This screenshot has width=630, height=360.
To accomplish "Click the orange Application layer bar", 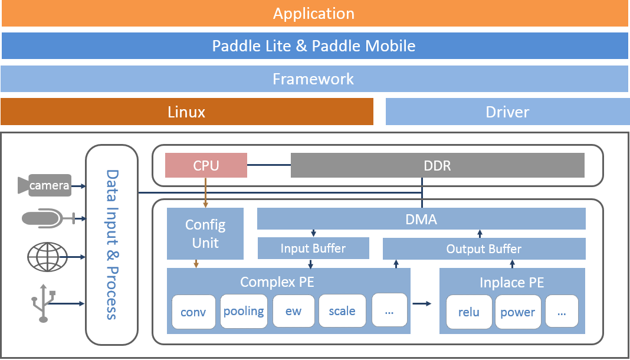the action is (x=314, y=14).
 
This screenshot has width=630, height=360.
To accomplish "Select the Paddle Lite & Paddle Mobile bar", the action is (x=314, y=46).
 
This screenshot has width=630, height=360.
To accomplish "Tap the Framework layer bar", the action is (x=314, y=78).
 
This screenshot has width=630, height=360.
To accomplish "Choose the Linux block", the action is (x=187, y=112).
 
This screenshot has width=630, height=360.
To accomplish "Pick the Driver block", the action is (x=507, y=112).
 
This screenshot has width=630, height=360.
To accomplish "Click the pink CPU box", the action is (x=206, y=165).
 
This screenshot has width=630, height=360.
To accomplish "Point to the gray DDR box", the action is (x=438, y=165).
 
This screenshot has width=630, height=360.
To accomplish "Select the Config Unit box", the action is (x=205, y=234).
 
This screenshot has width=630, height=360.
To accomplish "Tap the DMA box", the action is (x=421, y=218).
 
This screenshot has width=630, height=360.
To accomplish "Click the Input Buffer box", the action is (x=313, y=248).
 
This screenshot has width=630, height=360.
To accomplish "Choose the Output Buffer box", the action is (x=484, y=248).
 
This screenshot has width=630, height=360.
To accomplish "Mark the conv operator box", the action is (x=193, y=312).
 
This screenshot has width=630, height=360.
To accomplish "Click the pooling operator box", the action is (x=244, y=311).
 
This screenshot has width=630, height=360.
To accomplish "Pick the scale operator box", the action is (x=342, y=310).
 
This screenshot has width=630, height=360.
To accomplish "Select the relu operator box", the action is (x=470, y=312).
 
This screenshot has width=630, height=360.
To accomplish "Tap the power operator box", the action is (x=518, y=312).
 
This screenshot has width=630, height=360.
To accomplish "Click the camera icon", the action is (x=45, y=185).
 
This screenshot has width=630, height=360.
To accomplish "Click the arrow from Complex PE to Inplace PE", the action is (x=422, y=304).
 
